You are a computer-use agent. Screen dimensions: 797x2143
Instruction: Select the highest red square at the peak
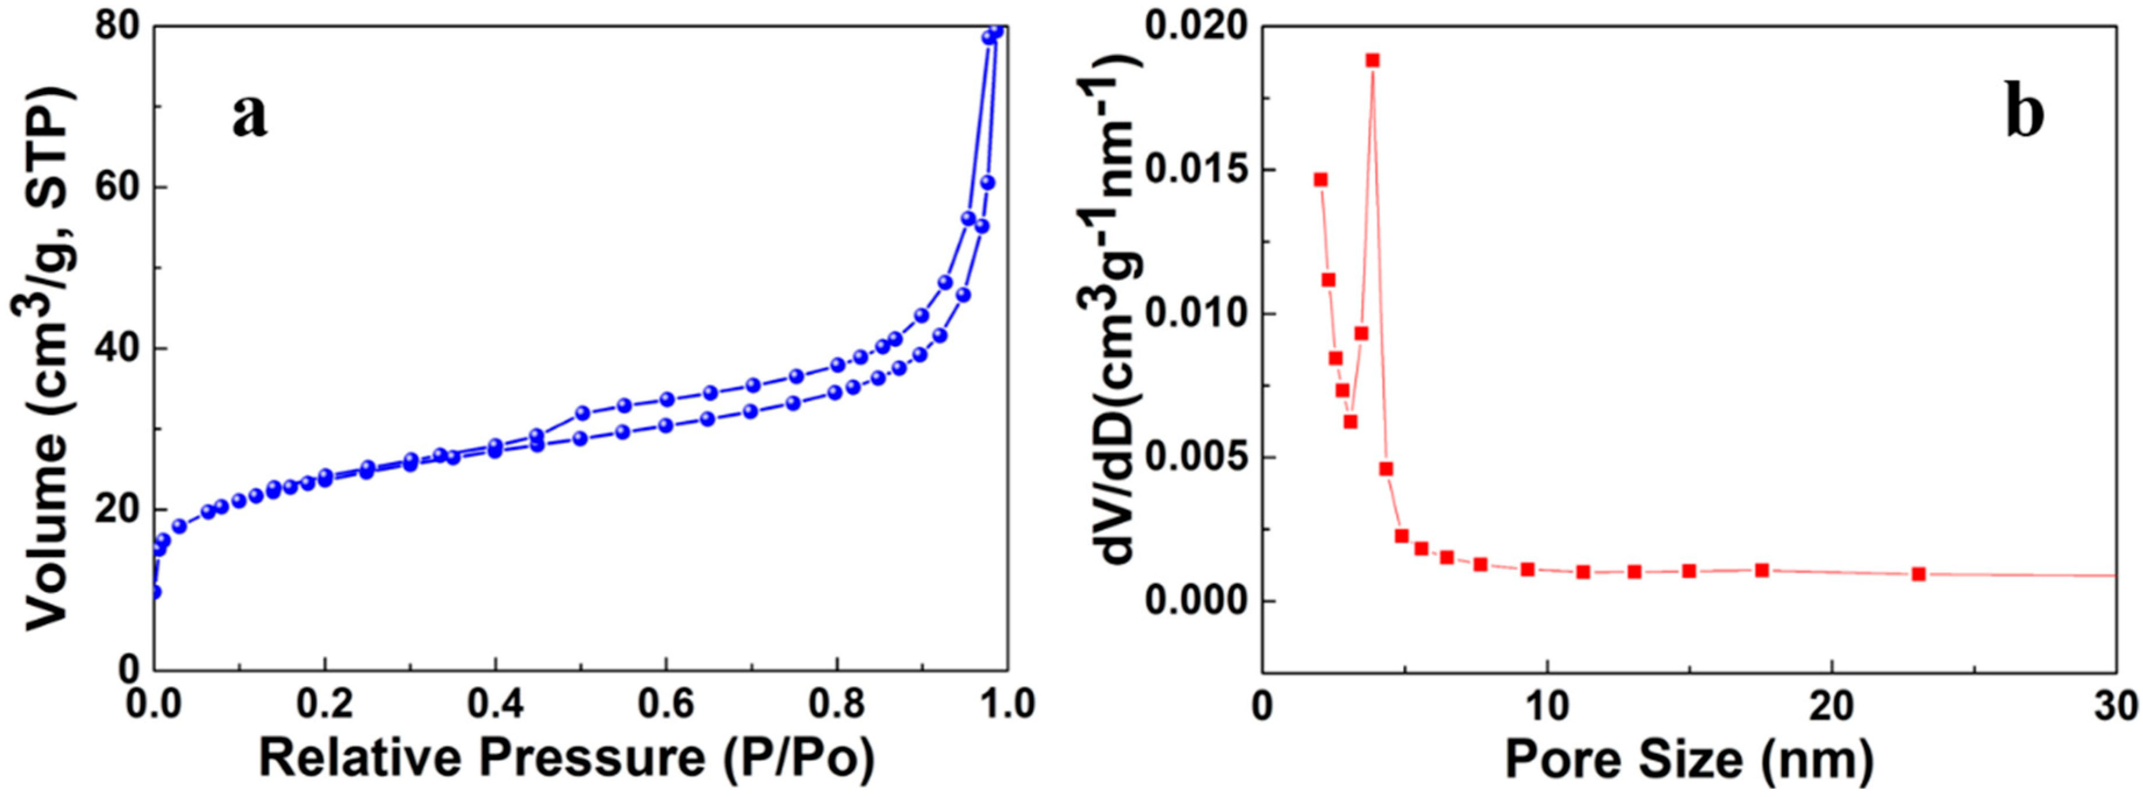1372,60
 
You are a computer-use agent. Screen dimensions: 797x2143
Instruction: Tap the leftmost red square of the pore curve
1320,180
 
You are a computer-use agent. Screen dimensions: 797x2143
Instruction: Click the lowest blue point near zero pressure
155,592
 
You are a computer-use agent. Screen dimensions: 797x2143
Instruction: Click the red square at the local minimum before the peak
1350,422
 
